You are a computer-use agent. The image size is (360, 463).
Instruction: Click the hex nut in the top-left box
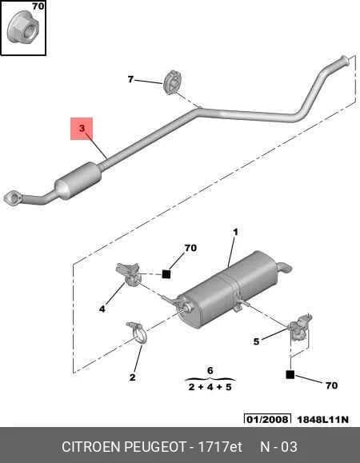22,29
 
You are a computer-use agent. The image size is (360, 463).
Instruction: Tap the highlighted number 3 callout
82,128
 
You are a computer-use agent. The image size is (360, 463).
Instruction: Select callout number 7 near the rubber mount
130,79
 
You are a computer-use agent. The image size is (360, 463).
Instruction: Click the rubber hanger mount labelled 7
172,82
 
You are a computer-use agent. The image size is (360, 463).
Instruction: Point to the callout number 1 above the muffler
235,232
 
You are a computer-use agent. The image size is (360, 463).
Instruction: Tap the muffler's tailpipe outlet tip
286,267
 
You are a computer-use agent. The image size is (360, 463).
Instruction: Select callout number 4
102,309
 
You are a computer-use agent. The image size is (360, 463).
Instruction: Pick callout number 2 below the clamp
132,377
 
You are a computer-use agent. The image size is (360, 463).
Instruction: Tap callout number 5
256,341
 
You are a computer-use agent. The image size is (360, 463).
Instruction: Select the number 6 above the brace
210,370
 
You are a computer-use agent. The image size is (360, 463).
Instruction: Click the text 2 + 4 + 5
210,387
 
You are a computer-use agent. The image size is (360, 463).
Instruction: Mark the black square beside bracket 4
166,274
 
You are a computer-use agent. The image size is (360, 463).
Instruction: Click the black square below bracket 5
290,375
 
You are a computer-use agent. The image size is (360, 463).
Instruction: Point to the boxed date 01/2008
267,419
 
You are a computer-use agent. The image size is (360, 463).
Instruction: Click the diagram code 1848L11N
322,419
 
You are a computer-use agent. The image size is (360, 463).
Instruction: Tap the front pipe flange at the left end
13,198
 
